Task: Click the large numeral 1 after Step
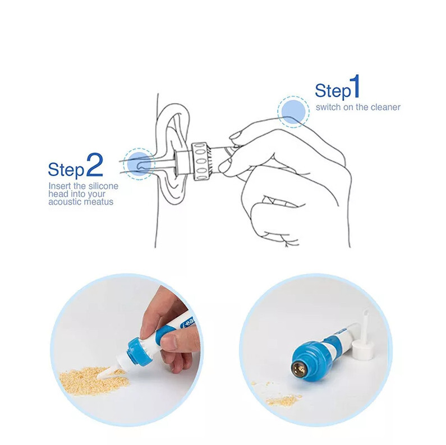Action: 356,86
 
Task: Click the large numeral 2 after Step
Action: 94,165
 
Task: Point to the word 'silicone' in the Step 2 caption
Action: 103,186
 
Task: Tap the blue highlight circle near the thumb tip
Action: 293,112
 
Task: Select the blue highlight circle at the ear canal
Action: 139,164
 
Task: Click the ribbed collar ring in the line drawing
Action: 201,161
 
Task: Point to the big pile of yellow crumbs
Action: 93,380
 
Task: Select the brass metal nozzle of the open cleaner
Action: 298,369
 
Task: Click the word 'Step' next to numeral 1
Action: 333,91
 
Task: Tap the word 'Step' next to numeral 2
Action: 66,170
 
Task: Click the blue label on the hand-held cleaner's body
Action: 187,322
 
